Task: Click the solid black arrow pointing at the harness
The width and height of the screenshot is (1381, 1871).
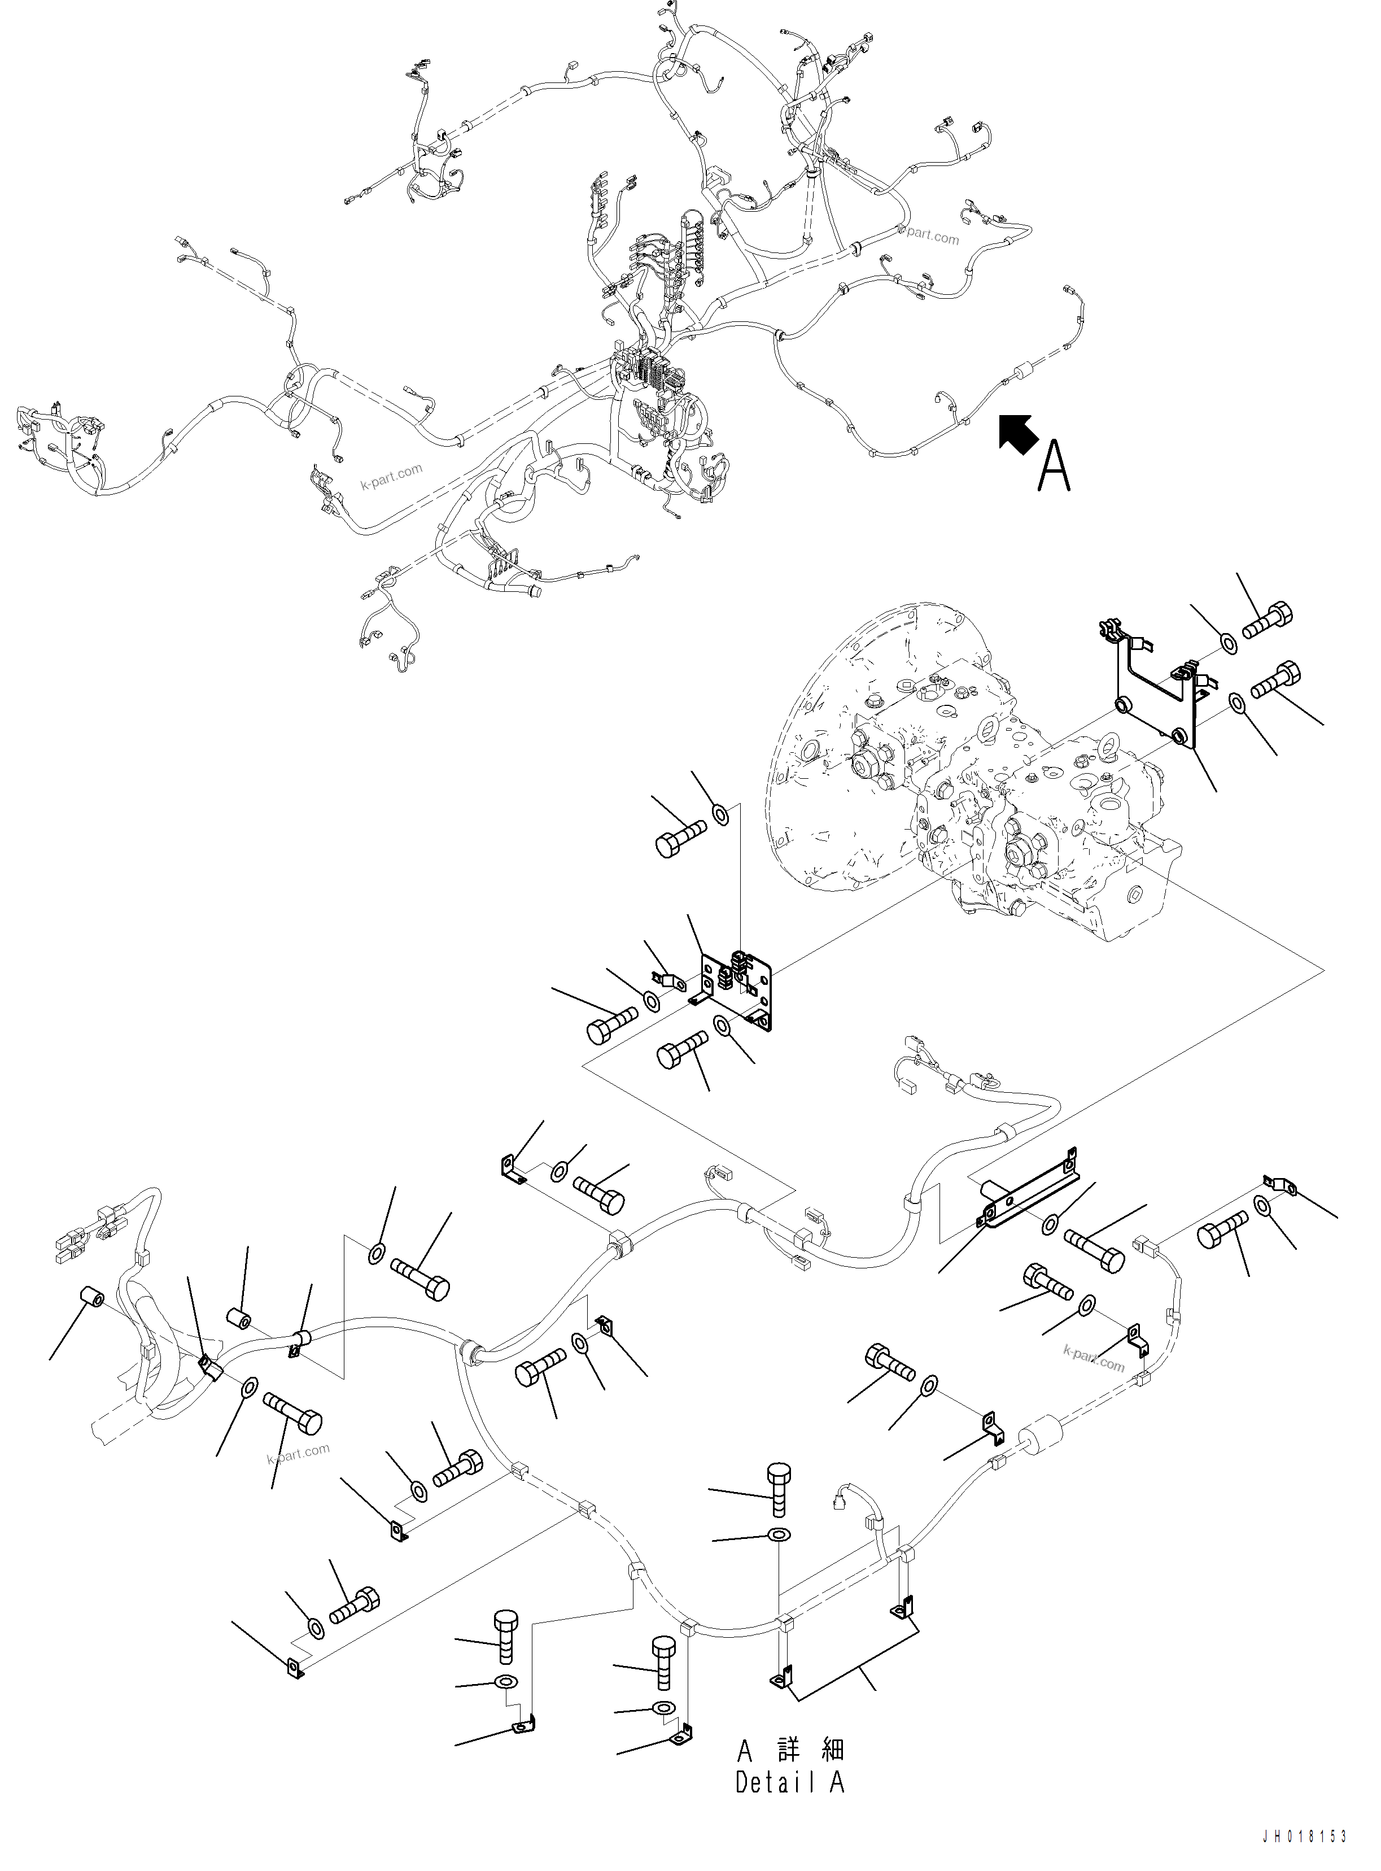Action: pos(1018,435)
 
